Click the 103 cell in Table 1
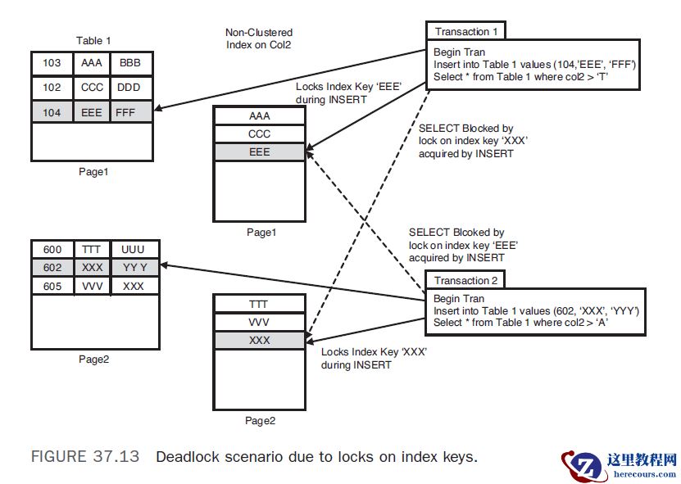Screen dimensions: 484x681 point(52,63)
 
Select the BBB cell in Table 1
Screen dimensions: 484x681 point(129,63)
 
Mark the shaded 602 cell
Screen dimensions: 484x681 point(52,267)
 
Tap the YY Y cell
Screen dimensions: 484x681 point(134,267)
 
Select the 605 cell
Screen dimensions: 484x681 point(52,285)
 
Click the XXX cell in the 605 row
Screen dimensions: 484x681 point(134,285)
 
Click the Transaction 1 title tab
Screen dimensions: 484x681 point(465,31)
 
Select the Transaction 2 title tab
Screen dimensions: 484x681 point(465,279)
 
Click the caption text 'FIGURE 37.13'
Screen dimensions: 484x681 point(84,457)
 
